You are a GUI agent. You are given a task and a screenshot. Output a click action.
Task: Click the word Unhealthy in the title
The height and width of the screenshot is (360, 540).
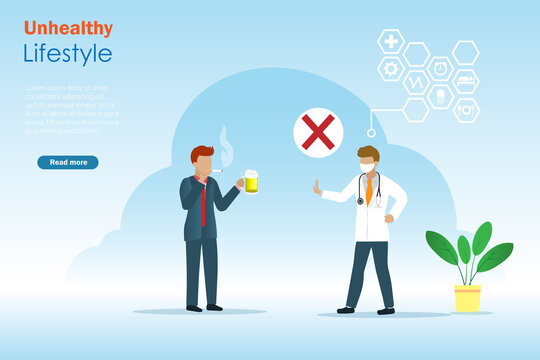(68, 28)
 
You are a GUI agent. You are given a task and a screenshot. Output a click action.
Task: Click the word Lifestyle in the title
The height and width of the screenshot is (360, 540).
(68, 53)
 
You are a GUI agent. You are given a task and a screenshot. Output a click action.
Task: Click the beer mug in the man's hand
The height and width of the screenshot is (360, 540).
(250, 181)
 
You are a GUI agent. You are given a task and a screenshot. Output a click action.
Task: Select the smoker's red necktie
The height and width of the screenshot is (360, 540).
(203, 204)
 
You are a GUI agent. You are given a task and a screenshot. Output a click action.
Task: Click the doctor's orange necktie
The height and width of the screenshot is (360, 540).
(369, 189)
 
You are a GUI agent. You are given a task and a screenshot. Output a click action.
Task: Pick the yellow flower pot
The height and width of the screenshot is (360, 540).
(467, 298)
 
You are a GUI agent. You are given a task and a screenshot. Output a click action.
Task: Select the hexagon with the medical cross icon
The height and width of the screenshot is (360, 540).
(390, 41)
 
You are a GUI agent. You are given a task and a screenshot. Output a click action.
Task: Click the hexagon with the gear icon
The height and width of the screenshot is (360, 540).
(390, 69)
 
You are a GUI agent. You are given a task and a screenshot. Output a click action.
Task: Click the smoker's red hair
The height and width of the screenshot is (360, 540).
(202, 153)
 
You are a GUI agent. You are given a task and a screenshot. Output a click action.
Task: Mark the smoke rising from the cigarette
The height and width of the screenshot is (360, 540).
(225, 145)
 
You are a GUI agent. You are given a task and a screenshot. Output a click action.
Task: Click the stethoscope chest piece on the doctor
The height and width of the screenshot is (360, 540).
(360, 202)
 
